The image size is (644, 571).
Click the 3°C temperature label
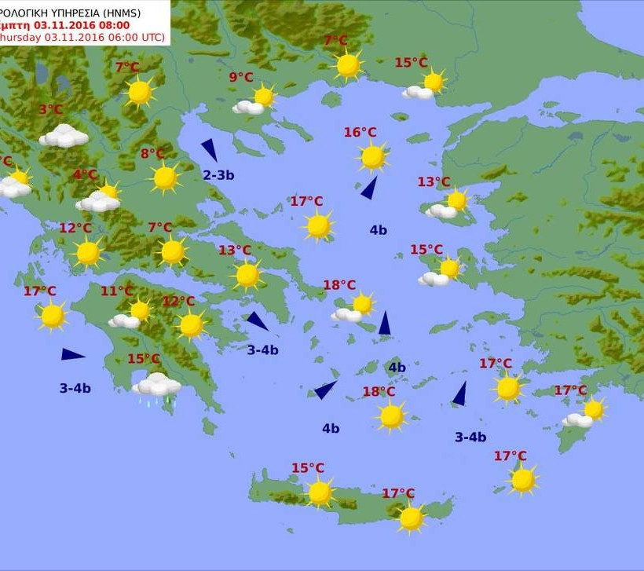tap(51, 110)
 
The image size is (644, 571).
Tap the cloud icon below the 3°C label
tap(64, 136)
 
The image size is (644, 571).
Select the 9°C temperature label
tap(241, 77)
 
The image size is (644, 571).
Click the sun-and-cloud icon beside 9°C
tap(258, 101)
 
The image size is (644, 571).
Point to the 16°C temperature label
tap(360, 133)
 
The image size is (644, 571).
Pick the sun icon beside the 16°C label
tap(373, 157)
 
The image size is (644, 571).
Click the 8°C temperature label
tap(153, 154)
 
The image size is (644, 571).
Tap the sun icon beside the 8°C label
tap(166, 178)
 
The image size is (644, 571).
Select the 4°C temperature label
tap(86, 174)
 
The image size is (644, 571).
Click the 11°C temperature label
tap(117, 291)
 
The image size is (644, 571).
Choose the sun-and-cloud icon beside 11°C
tap(132, 314)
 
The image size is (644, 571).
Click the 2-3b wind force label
tap(218, 175)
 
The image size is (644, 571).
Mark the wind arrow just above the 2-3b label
tap(210, 149)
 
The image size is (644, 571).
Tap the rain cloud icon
tap(157, 386)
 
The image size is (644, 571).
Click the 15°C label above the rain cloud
tap(144, 359)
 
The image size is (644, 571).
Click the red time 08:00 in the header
tap(113, 25)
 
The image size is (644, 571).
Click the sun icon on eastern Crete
tap(411, 518)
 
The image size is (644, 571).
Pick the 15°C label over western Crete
tap(308, 468)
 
